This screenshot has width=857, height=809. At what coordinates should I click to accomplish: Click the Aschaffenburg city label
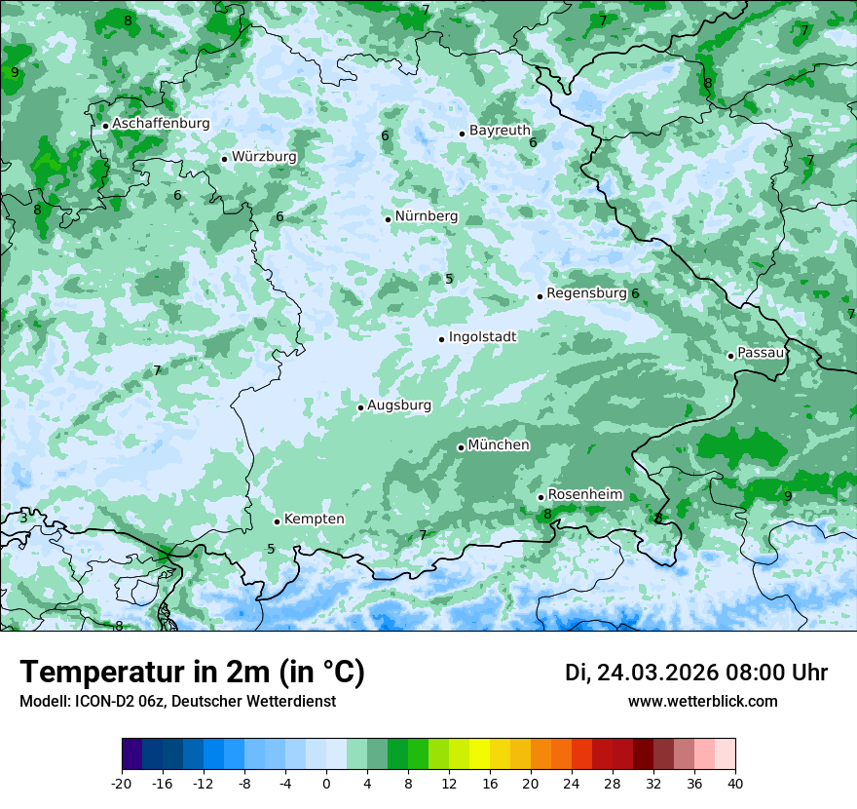point(161,124)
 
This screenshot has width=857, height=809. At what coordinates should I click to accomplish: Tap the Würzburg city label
point(264,157)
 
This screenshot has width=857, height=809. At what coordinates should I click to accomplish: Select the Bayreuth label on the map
point(500,131)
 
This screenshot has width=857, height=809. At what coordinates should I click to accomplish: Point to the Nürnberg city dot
point(388,219)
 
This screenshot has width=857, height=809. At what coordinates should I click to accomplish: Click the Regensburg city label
point(586,293)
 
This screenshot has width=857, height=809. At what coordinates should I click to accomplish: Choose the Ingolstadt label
point(482,337)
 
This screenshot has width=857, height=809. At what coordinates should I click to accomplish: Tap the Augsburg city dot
point(360,407)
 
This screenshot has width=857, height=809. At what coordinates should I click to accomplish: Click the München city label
point(499,445)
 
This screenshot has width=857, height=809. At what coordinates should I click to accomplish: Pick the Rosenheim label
point(584,495)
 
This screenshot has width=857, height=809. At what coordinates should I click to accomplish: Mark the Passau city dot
point(730,356)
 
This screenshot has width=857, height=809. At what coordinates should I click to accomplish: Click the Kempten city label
point(314,520)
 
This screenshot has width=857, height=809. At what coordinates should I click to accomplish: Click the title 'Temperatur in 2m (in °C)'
point(192,673)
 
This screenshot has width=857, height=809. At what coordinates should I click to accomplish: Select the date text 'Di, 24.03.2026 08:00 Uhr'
point(696,674)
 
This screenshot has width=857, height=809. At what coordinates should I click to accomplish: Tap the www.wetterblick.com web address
point(702,702)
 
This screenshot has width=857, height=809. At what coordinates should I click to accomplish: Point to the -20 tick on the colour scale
point(122,783)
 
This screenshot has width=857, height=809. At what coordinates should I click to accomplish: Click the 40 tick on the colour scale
point(734,783)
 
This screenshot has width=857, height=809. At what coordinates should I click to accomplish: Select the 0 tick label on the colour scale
point(326,783)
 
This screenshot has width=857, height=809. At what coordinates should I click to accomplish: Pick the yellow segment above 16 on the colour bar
point(479,754)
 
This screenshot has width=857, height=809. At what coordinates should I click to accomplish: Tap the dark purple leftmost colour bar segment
point(132,754)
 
